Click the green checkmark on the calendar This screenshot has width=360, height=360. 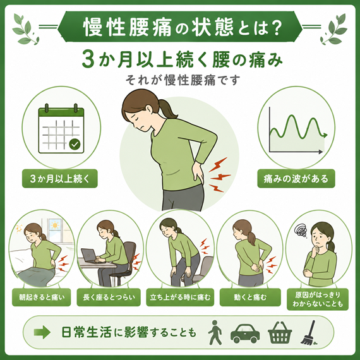(x=75, y=144)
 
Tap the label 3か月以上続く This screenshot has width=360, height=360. (x=60, y=179)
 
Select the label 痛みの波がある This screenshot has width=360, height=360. (x=296, y=179)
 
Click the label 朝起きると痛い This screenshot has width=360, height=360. (x=42, y=297)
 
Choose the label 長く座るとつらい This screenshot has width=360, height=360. (x=109, y=297)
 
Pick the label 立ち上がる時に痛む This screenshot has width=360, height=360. (x=180, y=297)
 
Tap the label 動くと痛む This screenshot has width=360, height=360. (x=250, y=297)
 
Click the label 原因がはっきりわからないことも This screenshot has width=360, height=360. (x=318, y=299)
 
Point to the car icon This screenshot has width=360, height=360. (x=245, y=333)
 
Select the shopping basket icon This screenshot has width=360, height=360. (x=280, y=333)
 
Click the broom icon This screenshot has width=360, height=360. (x=309, y=333)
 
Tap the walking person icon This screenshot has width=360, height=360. (x=215, y=332)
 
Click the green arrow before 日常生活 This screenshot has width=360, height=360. (x=42, y=332)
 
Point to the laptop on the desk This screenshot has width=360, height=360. (x=89, y=255)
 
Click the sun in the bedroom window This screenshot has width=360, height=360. (x=55, y=225)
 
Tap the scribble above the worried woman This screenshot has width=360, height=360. (x=301, y=231)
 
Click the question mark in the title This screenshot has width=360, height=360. (x=276, y=27)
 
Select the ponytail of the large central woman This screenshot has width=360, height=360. (x=167, y=109)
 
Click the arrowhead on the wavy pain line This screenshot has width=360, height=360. (x=325, y=135)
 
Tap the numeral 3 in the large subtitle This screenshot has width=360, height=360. (x=88, y=61)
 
